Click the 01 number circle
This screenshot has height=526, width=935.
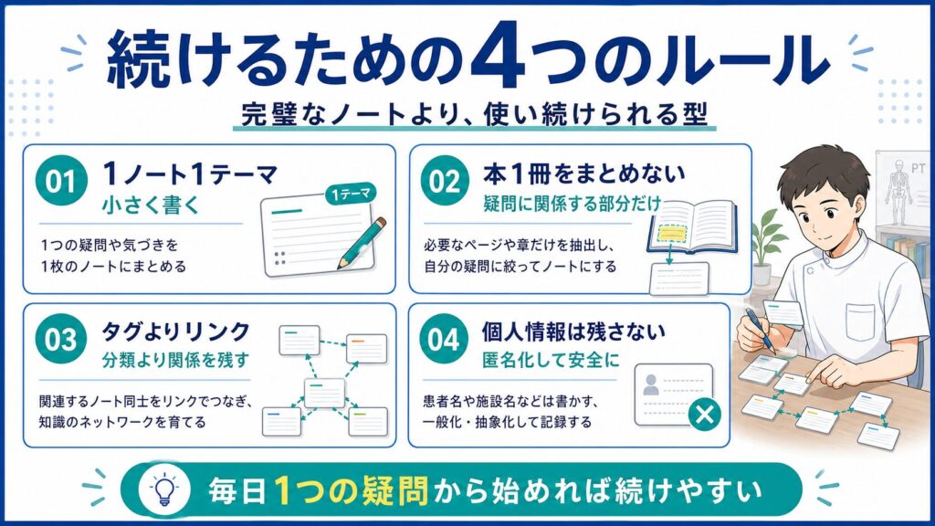tap(61, 181)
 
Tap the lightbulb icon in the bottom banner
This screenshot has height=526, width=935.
tap(164, 489)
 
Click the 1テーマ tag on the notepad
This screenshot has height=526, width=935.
tap(351, 194)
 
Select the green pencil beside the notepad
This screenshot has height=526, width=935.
tap(362, 243)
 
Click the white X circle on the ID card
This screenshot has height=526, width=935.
tap(704, 414)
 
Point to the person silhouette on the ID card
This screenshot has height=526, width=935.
tap(651, 384)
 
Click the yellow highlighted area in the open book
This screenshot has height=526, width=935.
tap(671, 233)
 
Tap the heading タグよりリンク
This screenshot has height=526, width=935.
tap(175, 331)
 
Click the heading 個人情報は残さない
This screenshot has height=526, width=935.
tap(573, 331)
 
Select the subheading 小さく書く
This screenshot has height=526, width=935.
tap(150, 205)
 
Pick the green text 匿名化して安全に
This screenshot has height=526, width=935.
tap(551, 360)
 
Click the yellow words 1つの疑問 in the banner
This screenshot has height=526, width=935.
tap(352, 490)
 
